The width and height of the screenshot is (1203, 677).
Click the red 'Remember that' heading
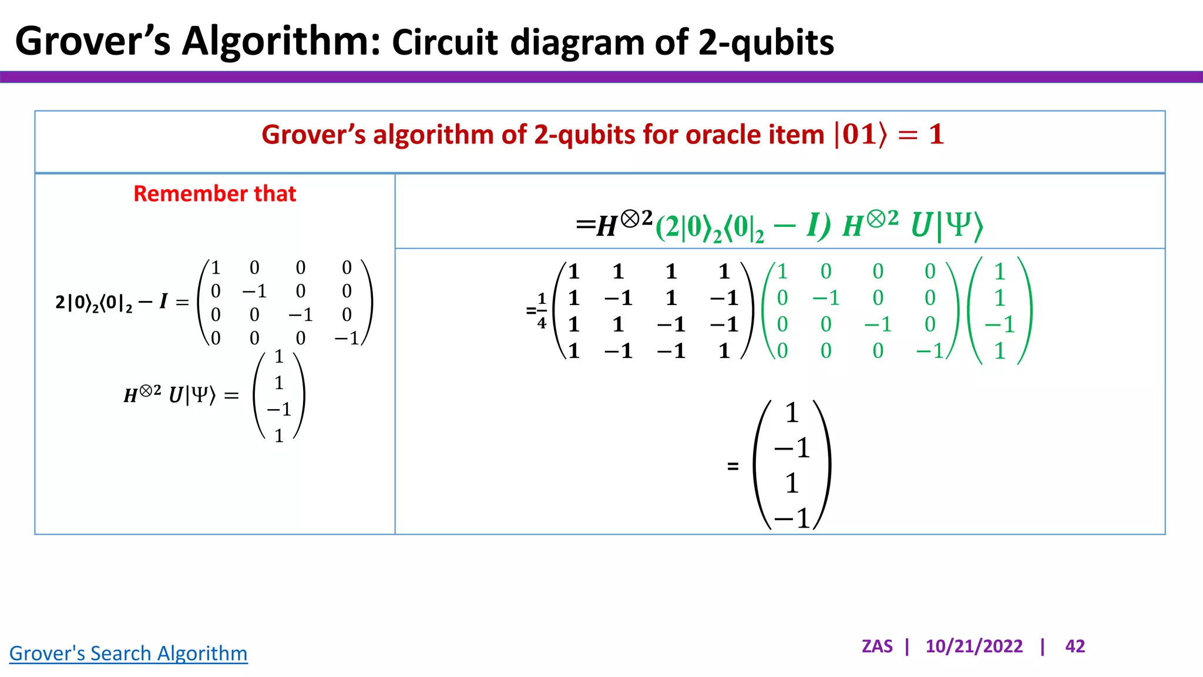point(214,194)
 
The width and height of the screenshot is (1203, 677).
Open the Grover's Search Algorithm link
point(128,653)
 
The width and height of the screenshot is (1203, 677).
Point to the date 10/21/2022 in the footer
point(974,646)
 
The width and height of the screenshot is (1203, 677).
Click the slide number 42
point(1075,646)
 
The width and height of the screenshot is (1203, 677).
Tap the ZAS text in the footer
point(877,646)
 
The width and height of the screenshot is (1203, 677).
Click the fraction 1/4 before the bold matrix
point(542,310)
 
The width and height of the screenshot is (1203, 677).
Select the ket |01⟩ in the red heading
point(860,135)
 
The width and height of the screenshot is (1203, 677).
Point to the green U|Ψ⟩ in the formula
point(946,226)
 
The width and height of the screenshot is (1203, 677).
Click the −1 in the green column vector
point(999,324)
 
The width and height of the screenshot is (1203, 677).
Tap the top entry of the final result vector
point(792,413)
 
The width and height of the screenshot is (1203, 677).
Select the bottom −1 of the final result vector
point(792,518)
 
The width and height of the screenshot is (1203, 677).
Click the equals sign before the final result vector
point(732,467)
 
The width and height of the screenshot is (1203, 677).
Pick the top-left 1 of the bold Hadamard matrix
point(574,272)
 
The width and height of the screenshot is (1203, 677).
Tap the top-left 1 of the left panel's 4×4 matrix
point(216,268)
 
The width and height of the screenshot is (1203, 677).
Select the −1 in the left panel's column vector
point(278,409)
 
